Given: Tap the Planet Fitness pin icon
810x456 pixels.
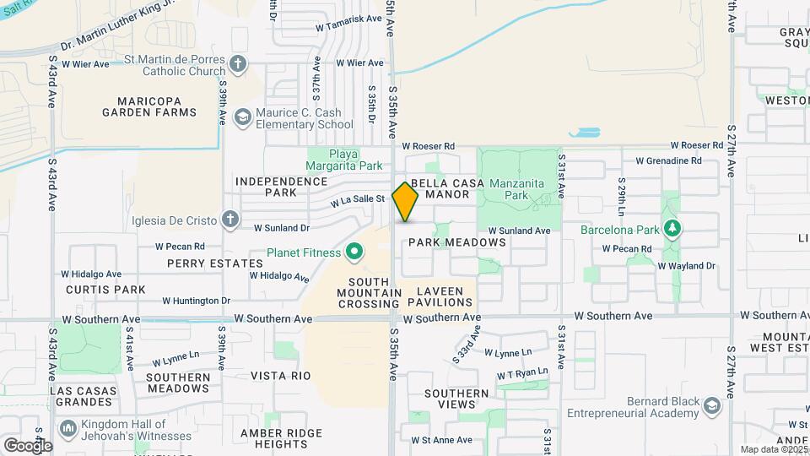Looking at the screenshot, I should point(355,252).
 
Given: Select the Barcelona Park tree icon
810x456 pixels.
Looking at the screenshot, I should point(672,228).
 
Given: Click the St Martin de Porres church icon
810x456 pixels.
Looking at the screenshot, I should point(239,63).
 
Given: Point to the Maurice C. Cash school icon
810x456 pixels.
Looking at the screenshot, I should point(243,117).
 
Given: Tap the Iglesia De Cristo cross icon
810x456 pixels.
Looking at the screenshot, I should point(229,220).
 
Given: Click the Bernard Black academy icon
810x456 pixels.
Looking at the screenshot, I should point(712,406).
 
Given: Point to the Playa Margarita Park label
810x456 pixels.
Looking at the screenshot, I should point(343,159).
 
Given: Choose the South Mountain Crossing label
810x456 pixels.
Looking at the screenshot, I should point(368,292).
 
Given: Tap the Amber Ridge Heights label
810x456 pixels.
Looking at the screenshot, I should point(270,438).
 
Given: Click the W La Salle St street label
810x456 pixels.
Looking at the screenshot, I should point(357,200).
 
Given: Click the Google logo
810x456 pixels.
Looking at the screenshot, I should point(27,445).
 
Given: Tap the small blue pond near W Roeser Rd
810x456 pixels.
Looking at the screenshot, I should point(584,133).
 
